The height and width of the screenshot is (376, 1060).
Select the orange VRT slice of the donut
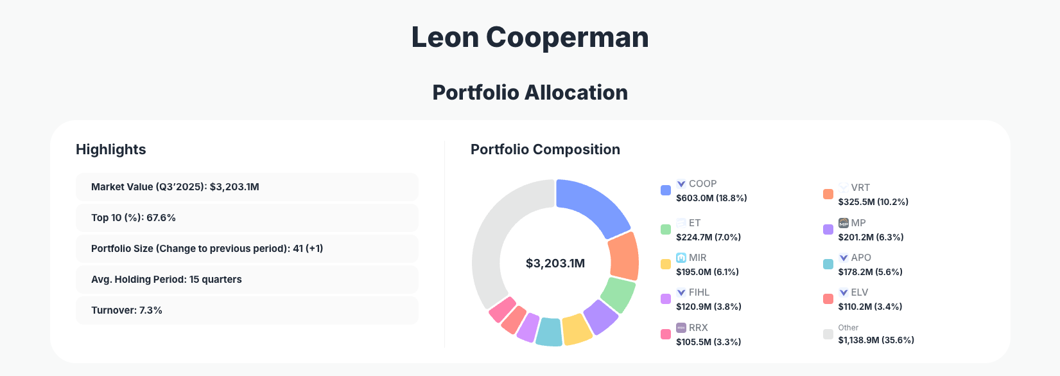click(x=623, y=256)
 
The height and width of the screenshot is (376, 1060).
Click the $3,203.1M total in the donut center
click(x=555, y=264)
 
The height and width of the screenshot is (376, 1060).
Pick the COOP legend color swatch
click(x=666, y=190)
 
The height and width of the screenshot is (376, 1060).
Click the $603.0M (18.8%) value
click(x=711, y=198)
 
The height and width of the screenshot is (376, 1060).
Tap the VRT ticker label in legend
click(x=860, y=188)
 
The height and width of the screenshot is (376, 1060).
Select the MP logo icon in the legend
click(x=844, y=223)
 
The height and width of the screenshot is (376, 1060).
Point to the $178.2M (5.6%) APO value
click(x=870, y=272)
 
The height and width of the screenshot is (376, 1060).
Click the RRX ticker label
click(x=698, y=328)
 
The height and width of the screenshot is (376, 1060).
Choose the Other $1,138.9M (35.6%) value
click(x=876, y=340)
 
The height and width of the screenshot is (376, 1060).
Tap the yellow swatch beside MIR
click(x=666, y=264)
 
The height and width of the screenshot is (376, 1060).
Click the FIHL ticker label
click(x=699, y=292)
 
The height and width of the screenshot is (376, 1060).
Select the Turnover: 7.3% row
click(x=247, y=310)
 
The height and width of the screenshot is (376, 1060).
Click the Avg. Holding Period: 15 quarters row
click(x=247, y=280)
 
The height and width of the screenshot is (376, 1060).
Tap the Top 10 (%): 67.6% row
click(x=247, y=218)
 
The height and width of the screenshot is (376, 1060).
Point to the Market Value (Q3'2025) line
click(x=175, y=187)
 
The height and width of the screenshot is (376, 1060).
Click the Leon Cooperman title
click(x=530, y=37)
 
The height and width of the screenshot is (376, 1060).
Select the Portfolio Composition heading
click(x=545, y=150)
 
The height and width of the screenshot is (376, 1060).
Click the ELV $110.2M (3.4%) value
click(x=870, y=307)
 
